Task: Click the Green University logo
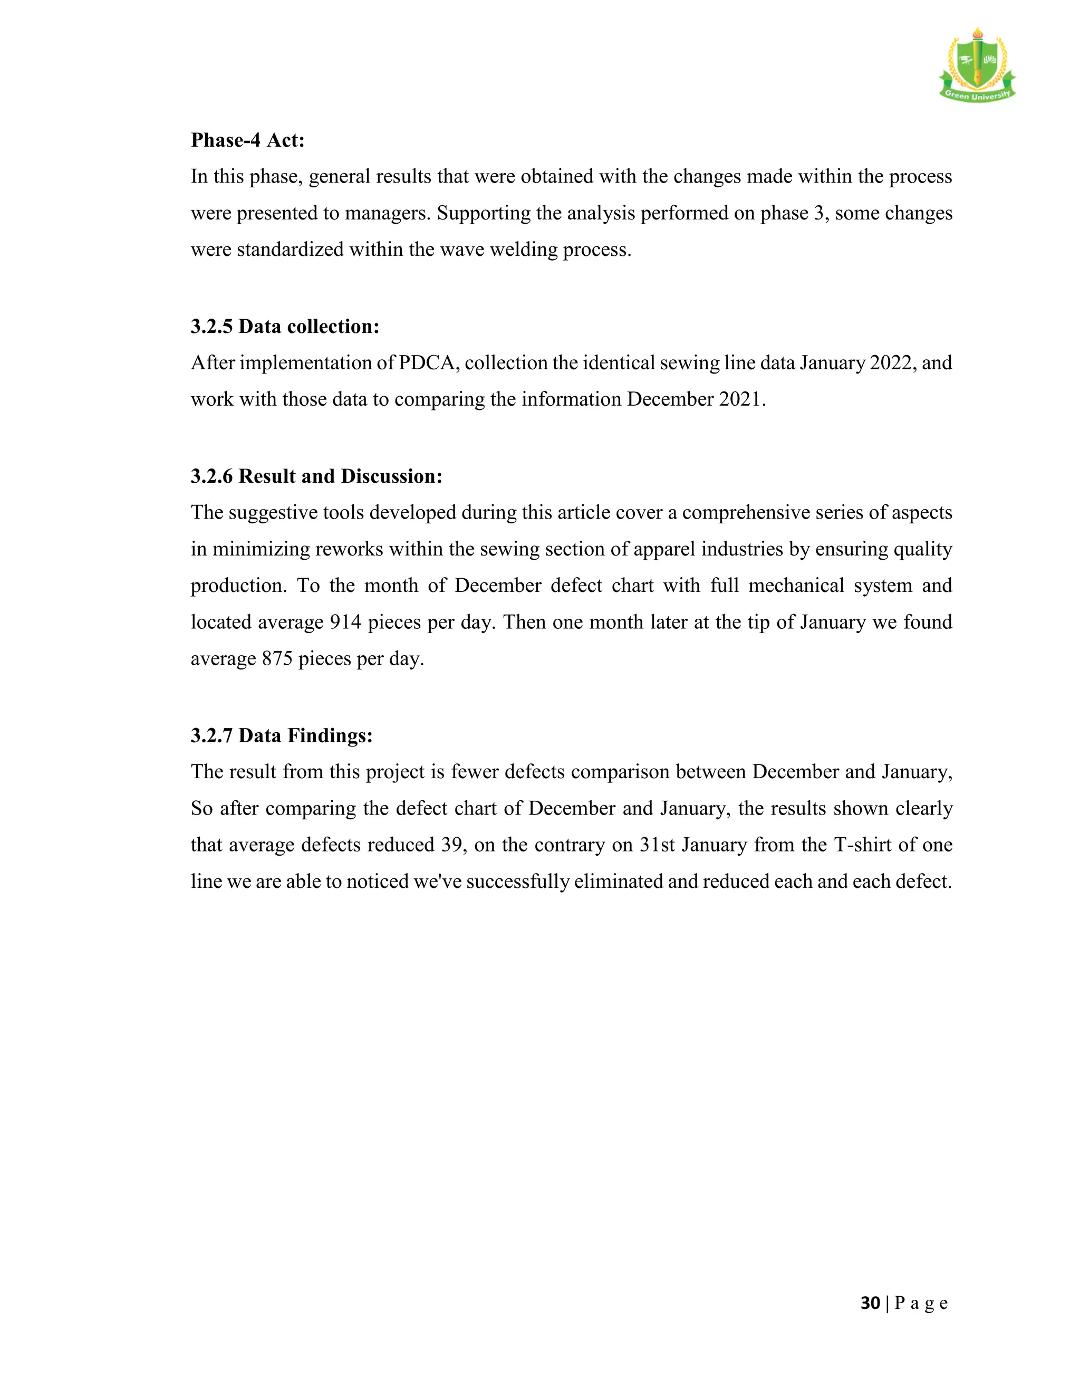coord(977,66)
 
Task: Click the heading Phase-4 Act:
coord(248,140)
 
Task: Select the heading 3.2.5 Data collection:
coord(285,327)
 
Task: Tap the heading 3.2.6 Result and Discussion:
coord(316,476)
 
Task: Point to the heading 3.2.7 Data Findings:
coord(282,735)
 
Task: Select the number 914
coord(345,622)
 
